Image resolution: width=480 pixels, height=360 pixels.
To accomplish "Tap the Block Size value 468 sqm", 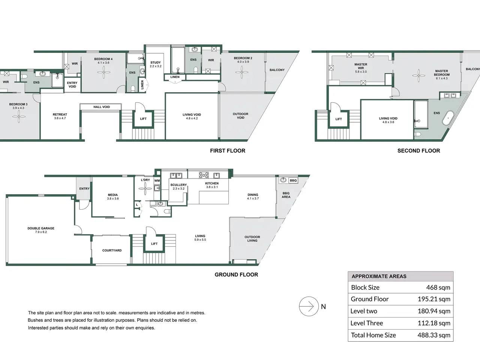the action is click(438, 287).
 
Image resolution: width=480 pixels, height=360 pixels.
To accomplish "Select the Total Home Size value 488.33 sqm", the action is click(434, 335).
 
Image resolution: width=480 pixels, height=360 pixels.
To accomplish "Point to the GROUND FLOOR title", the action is click(236, 274).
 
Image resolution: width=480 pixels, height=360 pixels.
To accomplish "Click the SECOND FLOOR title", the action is click(418, 151).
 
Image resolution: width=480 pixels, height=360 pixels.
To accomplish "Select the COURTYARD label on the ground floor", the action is click(112, 250).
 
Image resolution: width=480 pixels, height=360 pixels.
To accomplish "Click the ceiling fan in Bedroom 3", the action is click(19, 117).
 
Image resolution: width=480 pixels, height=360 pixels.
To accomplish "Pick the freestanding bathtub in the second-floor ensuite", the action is click(448, 118).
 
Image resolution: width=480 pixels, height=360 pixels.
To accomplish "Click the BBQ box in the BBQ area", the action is click(293, 180).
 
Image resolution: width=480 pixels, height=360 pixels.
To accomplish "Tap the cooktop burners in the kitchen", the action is click(204, 175).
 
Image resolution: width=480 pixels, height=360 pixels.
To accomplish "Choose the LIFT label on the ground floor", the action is click(154, 244).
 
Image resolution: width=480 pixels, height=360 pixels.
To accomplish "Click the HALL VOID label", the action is click(102, 107).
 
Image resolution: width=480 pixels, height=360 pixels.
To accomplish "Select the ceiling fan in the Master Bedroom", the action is click(418, 76).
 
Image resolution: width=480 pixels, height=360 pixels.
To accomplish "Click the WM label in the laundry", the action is click(157, 180).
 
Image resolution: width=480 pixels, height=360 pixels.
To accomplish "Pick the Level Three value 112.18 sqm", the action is click(434, 323).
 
